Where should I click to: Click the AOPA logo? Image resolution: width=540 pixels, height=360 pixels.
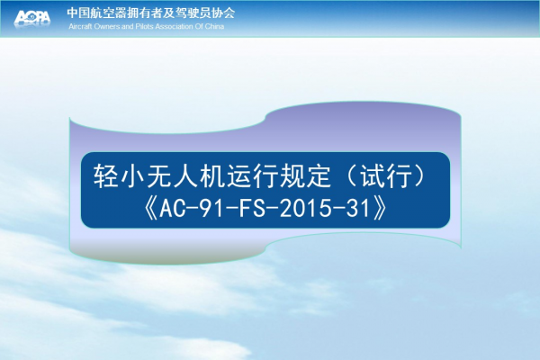(x=32, y=18)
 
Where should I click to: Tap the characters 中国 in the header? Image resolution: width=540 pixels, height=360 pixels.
(x=77, y=13)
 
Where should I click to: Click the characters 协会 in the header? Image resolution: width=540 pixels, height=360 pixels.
(x=224, y=13)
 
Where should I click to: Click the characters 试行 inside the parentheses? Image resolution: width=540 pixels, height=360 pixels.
(x=386, y=175)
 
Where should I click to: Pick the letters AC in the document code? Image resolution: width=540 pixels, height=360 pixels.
(x=172, y=209)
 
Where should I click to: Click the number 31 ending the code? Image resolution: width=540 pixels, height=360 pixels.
(x=357, y=209)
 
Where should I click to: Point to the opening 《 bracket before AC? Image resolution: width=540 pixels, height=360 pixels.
(x=151, y=209)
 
